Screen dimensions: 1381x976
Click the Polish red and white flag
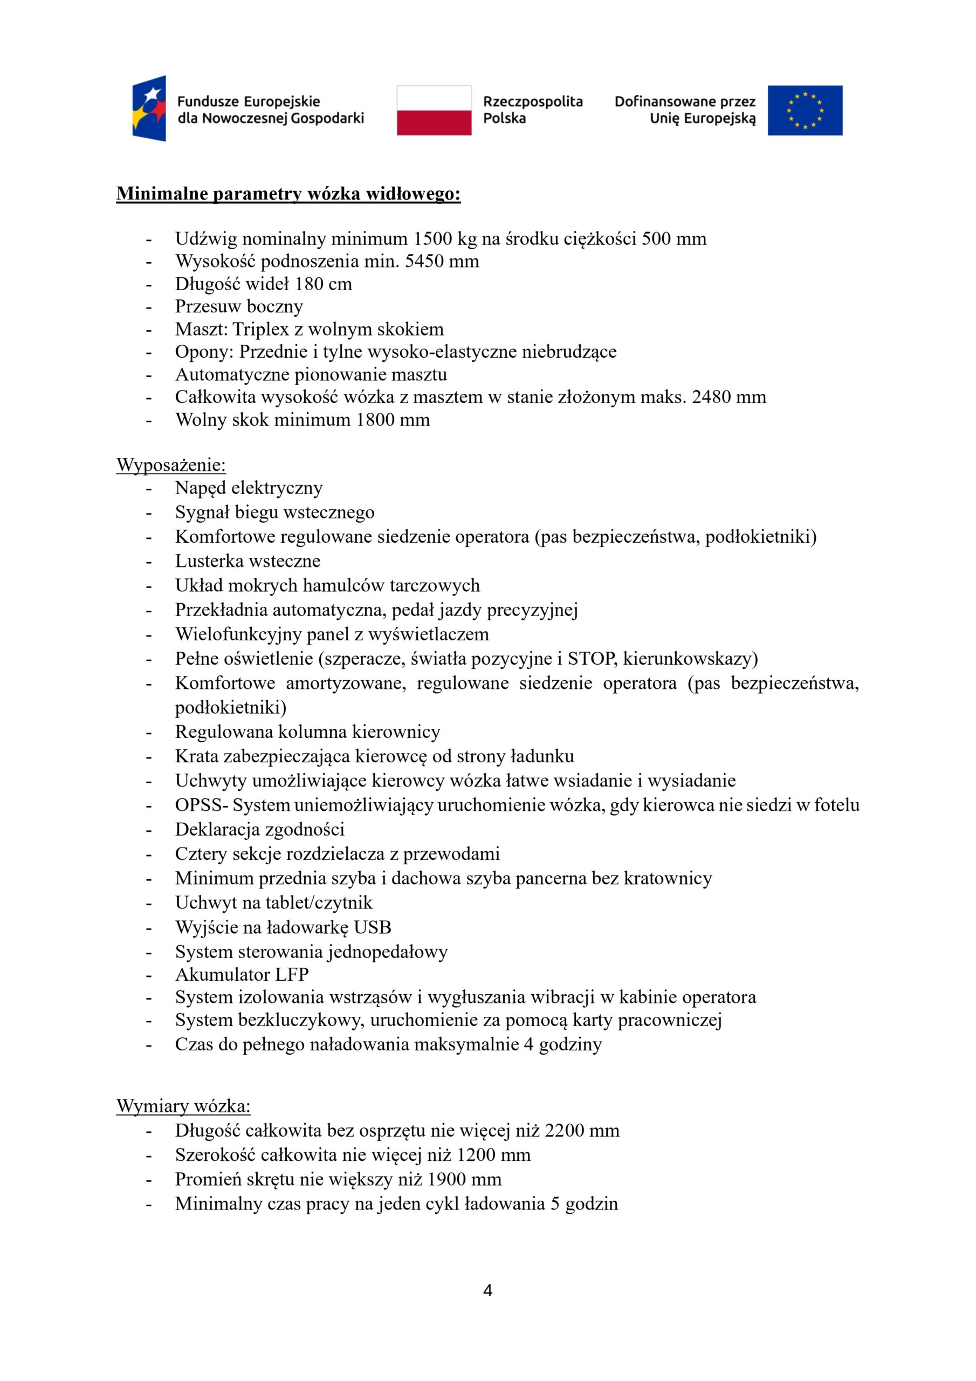pyautogui.click(x=434, y=110)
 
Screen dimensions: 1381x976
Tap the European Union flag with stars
pyautogui.click(x=805, y=110)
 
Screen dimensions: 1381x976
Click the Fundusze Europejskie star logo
pyautogui.click(x=149, y=108)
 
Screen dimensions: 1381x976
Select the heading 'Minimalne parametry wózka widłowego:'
pyautogui.click(x=288, y=194)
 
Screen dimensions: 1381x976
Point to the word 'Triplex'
pyautogui.click(x=260, y=330)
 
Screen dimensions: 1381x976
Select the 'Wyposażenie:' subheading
pyautogui.click(x=171, y=465)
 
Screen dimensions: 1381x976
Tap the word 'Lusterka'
pyautogui.click(x=209, y=561)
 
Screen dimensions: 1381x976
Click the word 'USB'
pyautogui.click(x=372, y=927)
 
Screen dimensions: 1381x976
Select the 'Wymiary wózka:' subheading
pyautogui.click(x=183, y=1106)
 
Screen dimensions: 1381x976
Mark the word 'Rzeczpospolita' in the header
pyautogui.click(x=533, y=101)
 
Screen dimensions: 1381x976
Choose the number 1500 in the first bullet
pyautogui.click(x=432, y=239)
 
